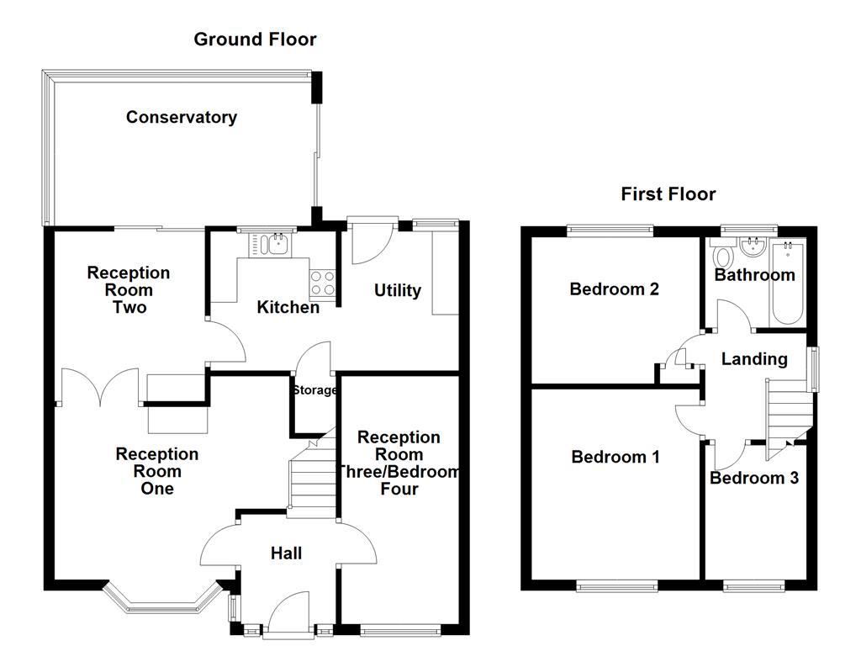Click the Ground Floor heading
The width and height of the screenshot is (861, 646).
click(x=255, y=39)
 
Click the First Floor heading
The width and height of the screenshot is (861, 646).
click(x=668, y=194)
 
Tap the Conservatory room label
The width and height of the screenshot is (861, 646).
click(x=181, y=117)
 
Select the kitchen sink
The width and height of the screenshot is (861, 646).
click(x=272, y=245)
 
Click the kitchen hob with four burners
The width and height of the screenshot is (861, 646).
click(x=322, y=283)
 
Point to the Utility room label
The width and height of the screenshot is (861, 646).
click(x=397, y=290)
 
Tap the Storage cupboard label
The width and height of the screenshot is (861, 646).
click(x=314, y=390)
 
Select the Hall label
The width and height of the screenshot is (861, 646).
click(x=286, y=553)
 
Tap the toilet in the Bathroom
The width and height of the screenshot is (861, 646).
click(x=721, y=255)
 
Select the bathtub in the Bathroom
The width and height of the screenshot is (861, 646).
click(x=788, y=282)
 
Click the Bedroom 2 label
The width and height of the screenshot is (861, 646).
click(x=614, y=289)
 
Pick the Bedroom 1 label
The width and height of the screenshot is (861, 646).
click(x=615, y=457)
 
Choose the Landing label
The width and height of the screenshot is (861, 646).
click(x=754, y=359)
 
